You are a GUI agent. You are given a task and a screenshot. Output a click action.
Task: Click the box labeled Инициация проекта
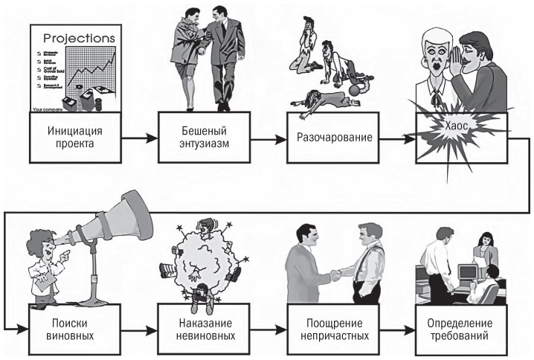[73, 138]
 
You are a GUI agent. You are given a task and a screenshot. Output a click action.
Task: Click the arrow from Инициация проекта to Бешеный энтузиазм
[138, 138]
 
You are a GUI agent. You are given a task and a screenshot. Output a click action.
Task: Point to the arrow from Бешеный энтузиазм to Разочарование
[266, 138]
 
